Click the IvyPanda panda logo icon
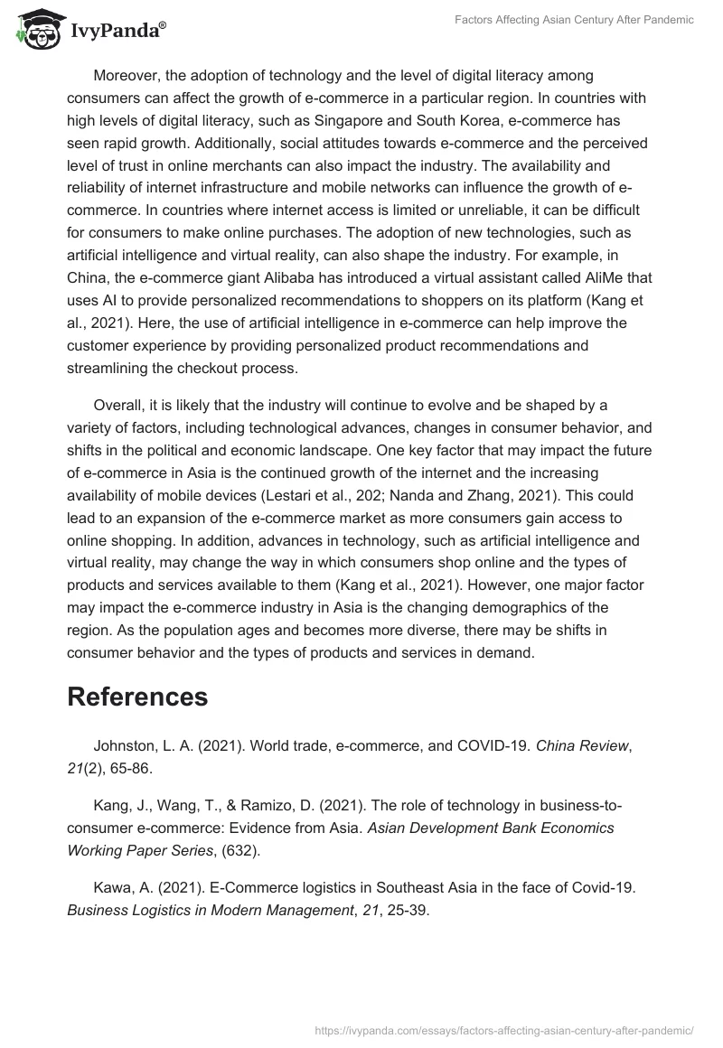[x=35, y=29]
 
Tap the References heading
[x=137, y=697]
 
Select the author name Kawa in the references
[x=112, y=887]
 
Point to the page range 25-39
[x=403, y=910]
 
